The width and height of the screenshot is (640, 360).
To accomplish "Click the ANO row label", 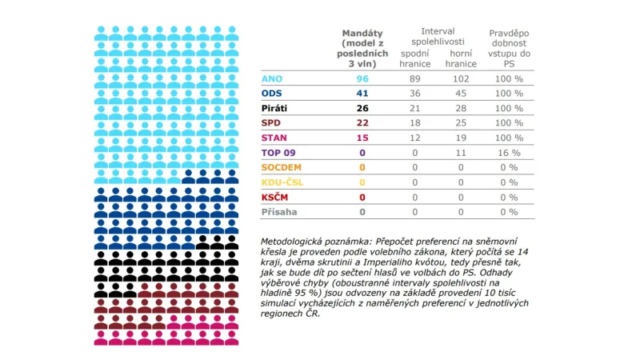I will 272,78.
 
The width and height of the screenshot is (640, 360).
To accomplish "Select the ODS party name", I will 273,93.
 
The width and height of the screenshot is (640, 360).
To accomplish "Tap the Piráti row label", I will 275,108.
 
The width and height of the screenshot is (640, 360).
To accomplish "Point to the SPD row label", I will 272,122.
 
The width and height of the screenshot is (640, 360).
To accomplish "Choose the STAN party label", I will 274,138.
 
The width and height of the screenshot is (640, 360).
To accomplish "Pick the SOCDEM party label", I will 280,167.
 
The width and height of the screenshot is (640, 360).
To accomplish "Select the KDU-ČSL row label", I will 282,182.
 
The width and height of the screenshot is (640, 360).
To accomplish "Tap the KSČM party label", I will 275,197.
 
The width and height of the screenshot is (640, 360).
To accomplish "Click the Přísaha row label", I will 278,212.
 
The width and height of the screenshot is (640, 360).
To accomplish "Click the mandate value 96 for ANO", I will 362,78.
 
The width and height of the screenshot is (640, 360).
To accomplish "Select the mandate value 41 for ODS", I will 362,93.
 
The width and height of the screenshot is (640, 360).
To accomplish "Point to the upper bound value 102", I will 461,78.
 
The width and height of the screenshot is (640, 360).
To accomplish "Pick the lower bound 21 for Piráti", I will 414,108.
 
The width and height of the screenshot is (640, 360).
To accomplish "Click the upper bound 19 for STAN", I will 461,138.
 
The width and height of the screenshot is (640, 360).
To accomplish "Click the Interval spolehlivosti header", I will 437,36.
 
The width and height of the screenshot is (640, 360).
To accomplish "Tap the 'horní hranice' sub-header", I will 461,58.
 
